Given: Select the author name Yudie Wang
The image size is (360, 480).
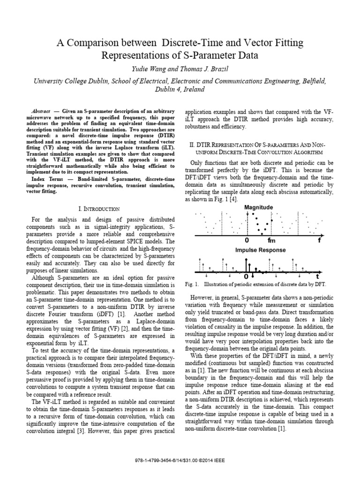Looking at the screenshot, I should pos(140,69).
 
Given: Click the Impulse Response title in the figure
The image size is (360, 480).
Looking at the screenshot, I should pos(260,250).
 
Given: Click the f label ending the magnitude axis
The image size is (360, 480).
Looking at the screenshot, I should pos(319,240).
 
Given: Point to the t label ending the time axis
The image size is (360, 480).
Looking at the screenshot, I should pos(317,277).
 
